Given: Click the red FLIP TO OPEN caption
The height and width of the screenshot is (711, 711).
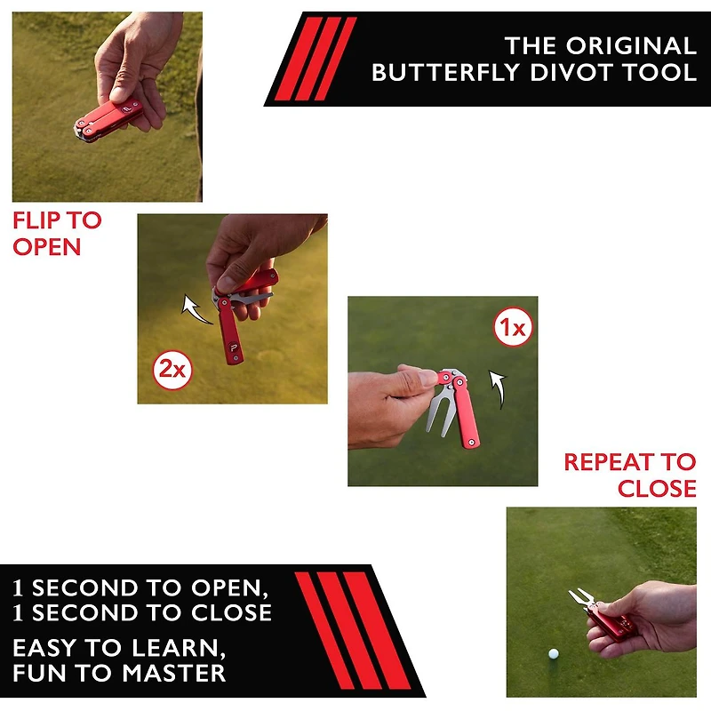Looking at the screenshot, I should [57, 233].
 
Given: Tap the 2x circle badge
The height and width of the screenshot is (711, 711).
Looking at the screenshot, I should [173, 370].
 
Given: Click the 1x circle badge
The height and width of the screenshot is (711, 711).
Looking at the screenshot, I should [513, 331].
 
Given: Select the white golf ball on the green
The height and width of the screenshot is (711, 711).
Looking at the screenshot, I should [554, 653].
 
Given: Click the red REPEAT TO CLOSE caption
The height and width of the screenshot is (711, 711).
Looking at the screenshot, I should [630, 475].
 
